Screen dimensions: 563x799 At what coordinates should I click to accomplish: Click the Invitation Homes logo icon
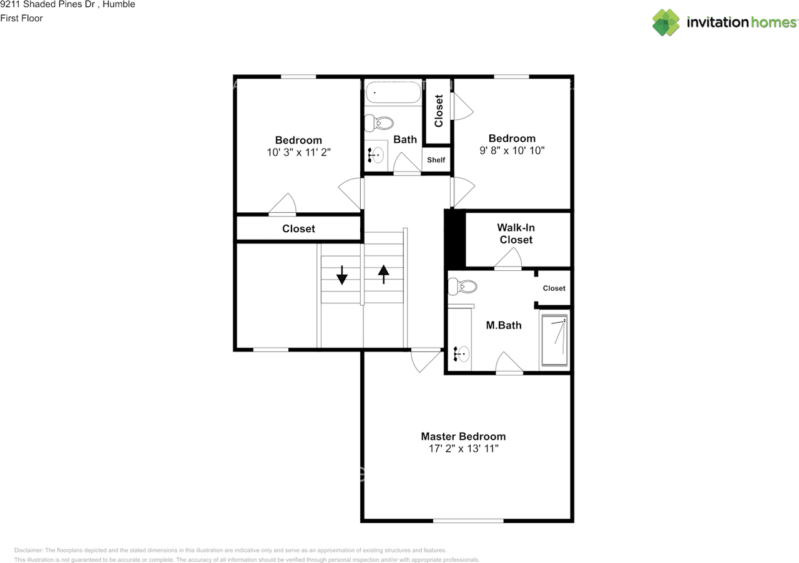click(x=666, y=22)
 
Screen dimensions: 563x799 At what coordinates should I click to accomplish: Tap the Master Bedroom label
click(x=463, y=436)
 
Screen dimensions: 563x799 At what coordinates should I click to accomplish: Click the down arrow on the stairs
click(x=341, y=275)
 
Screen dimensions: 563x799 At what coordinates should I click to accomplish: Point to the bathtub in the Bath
click(x=393, y=92)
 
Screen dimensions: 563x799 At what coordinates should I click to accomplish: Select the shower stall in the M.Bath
click(x=554, y=341)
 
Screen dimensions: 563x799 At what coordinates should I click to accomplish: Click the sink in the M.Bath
click(x=461, y=354)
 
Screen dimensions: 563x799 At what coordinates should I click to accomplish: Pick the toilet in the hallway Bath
click(x=379, y=123)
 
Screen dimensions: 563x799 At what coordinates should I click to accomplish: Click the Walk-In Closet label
click(x=516, y=234)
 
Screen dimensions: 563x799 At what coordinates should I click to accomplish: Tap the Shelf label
click(x=436, y=160)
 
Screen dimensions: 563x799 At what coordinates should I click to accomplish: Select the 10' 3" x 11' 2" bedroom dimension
click(x=298, y=152)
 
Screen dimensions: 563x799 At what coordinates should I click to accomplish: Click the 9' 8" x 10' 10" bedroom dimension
click(x=512, y=150)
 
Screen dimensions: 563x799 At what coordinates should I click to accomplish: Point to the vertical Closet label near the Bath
click(x=439, y=110)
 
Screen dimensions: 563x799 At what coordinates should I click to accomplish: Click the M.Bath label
click(x=504, y=325)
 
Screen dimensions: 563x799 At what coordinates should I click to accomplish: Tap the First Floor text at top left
click(x=22, y=18)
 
